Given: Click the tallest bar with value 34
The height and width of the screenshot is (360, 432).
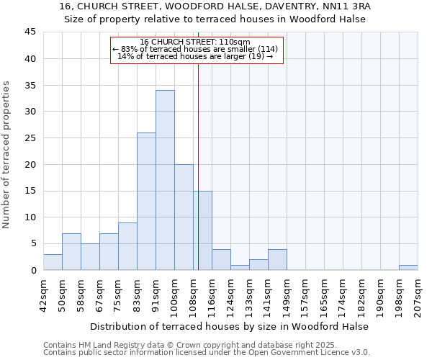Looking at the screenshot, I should (165, 180).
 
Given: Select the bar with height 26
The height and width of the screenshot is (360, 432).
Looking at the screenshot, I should (146, 202).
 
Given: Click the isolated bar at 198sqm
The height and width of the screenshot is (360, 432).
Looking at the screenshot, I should (408, 267).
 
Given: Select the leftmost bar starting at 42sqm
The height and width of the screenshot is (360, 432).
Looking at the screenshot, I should (53, 262).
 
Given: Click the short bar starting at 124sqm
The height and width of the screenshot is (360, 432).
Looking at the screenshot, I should (240, 267).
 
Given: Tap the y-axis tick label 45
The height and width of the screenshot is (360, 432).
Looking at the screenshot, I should (30, 32).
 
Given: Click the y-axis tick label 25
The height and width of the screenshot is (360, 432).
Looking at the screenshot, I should (30, 138).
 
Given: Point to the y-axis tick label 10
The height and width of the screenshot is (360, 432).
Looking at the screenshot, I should (30, 217).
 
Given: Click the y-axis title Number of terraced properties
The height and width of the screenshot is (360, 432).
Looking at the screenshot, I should (7, 154).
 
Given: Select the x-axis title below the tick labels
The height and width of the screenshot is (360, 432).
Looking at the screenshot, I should (230, 326).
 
